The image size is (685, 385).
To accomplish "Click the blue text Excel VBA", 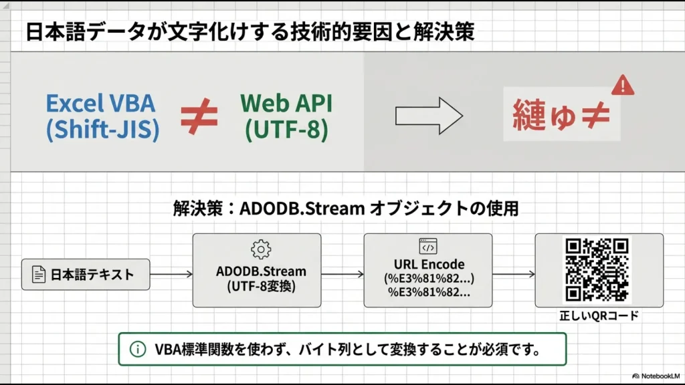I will tap(100, 103).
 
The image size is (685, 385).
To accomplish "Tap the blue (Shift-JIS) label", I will tap(102, 130).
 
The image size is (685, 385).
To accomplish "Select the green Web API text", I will tap(286, 103).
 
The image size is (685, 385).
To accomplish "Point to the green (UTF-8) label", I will tap(286, 130).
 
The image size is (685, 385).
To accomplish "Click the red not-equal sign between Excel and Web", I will tap(199, 116).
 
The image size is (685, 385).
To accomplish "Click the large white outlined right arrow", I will tap(429, 116).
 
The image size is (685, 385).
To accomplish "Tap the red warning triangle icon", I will tap(623, 85).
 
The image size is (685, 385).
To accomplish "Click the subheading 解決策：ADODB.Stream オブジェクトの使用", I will tap(345, 209).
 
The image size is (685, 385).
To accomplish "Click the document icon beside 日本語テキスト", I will tap(39, 274).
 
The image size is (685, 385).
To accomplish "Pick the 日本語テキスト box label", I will tap(92, 274).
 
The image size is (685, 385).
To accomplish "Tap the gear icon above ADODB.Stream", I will tap(260, 249).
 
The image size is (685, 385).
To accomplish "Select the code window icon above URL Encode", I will tap(428, 247).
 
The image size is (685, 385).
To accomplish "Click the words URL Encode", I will tap(428, 264).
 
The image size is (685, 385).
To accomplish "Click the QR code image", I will tap(597, 269).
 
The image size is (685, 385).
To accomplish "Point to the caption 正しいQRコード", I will tap(598, 315).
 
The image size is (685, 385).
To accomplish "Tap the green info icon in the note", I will tap(137, 349).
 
